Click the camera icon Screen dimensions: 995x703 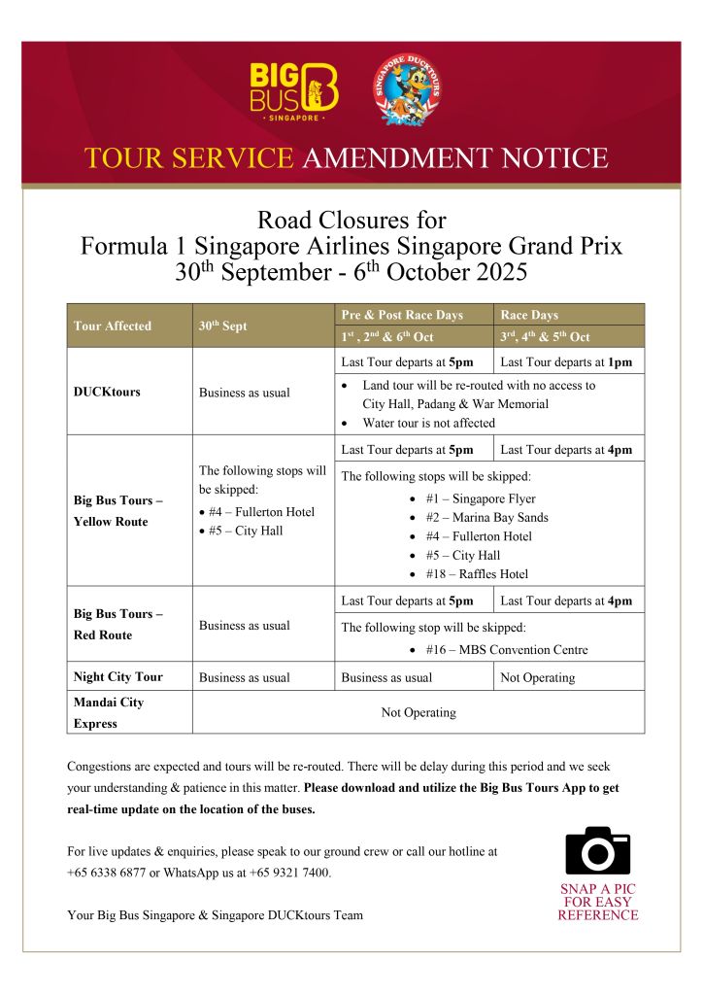[597, 850]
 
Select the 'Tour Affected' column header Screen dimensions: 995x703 [114, 326]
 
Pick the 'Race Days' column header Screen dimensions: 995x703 [529, 315]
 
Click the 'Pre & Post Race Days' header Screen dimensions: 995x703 [402, 315]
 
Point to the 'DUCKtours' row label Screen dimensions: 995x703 [108, 393]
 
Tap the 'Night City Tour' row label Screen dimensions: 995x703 [118, 676]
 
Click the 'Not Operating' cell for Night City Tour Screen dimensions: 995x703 [537, 676]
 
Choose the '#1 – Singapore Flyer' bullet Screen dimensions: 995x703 [480, 498]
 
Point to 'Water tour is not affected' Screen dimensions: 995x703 [428, 423]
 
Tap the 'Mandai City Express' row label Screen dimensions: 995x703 [109, 712]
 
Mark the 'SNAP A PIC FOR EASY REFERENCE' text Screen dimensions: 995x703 [598, 902]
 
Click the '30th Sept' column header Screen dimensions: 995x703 [223, 326]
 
